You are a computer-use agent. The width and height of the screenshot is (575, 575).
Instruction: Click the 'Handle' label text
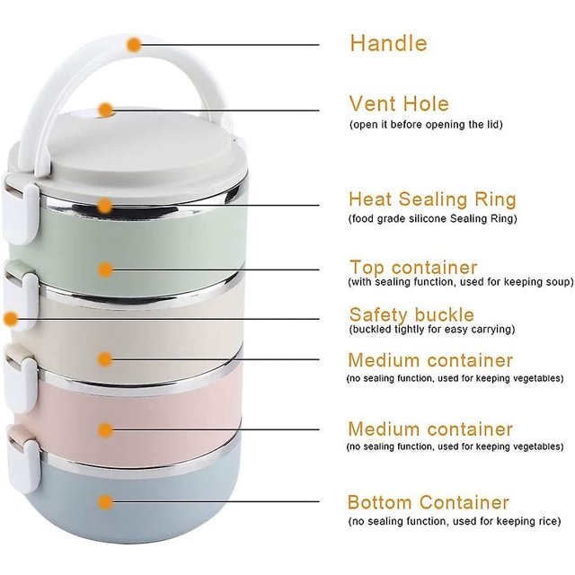(389, 43)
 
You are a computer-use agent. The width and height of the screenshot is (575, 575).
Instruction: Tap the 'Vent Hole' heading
(399, 104)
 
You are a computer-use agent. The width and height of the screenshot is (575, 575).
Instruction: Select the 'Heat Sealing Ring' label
(432, 199)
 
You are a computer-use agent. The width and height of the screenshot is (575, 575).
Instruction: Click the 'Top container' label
(413, 267)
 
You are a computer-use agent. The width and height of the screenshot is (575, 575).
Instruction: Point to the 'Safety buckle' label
(411, 314)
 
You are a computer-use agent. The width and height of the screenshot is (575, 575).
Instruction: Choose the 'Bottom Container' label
(428, 502)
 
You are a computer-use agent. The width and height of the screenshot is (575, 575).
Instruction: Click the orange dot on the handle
(134, 45)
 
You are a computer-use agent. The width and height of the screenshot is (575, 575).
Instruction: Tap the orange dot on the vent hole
(106, 110)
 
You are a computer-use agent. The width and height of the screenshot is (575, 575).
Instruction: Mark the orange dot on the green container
(105, 270)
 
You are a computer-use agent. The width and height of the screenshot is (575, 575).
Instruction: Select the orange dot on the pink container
(105, 429)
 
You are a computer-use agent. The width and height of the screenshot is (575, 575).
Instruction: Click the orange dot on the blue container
(106, 502)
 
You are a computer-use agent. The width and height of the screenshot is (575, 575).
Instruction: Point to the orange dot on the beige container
(105, 359)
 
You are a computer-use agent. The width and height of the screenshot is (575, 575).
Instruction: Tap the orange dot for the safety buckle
(10, 319)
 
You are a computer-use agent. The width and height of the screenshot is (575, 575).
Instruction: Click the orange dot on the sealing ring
(105, 206)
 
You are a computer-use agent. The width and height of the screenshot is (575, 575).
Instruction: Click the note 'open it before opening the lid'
(426, 125)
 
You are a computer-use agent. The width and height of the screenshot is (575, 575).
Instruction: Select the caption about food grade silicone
(433, 219)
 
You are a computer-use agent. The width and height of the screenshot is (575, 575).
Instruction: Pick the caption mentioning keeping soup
(461, 282)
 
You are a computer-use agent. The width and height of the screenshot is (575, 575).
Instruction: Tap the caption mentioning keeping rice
(455, 521)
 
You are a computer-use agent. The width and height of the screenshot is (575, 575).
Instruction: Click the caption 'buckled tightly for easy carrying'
(432, 330)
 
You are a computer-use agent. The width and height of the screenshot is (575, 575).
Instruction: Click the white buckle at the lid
(22, 214)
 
